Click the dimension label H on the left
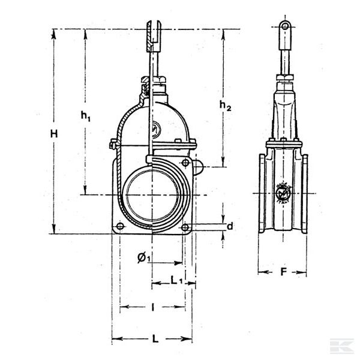pyautogui.click(x=54, y=134)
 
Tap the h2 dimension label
pyautogui.click(x=224, y=106)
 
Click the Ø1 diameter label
pyautogui.click(x=143, y=257)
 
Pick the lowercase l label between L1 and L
pyautogui.click(x=153, y=307)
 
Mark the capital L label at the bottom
pyautogui.click(x=155, y=339)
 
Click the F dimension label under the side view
pyautogui.click(x=283, y=272)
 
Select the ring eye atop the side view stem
pyautogui.click(x=284, y=26)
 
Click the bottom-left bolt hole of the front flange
pyautogui.click(x=119, y=227)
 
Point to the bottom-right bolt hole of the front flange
pyautogui.click(x=185, y=227)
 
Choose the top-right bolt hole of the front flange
pyautogui.click(x=185, y=163)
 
